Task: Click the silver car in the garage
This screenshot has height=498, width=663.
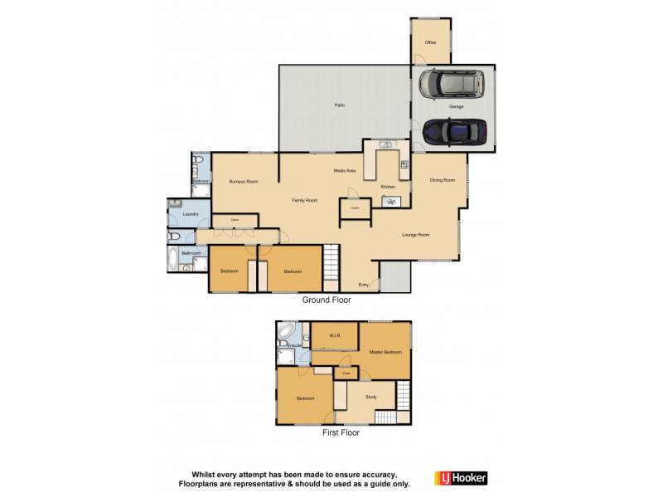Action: coord(452,83)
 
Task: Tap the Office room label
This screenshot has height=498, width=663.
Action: coord(431,41)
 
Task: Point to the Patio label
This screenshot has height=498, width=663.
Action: coord(339,105)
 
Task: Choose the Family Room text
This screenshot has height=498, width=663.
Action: coord(305,201)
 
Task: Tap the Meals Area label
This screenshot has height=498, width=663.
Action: coord(345,170)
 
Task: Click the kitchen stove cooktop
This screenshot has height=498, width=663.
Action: coord(404,164)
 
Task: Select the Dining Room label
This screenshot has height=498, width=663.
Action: coord(443,180)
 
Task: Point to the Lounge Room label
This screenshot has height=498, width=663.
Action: coord(416,235)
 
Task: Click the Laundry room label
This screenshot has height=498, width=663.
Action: coord(191,214)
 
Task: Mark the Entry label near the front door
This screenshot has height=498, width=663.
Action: coord(364,285)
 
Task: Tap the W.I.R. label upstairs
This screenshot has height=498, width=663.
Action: coord(336,336)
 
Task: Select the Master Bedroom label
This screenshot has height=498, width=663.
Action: coord(385,352)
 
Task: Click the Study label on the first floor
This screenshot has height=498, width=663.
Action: coord(370,398)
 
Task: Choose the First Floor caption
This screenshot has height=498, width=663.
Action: coord(340,432)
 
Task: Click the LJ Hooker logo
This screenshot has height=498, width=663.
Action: coord(461,478)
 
